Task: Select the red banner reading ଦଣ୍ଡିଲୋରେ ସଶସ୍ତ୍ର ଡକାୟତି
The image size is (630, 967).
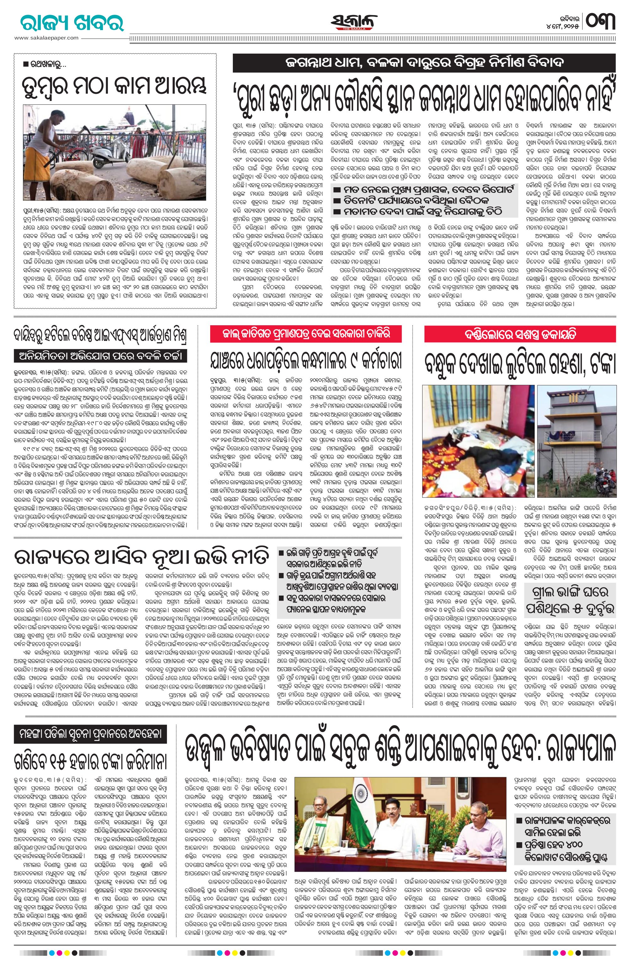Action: click(x=520, y=335)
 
